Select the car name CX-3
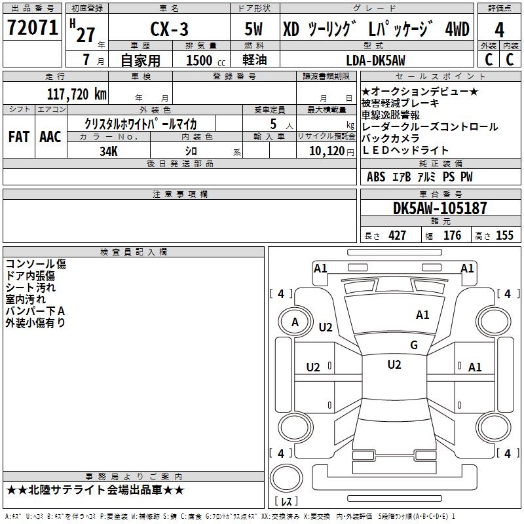coord(168,31)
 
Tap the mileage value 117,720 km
coord(77,94)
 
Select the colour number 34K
coord(109,151)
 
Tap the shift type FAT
coord(18,136)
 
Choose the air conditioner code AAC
coord(50,136)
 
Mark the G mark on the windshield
coord(414,345)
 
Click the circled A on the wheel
coord(295,322)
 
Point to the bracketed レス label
coord(286,502)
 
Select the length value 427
coord(397,236)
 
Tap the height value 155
coord(505,236)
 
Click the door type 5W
coord(254,31)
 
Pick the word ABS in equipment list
coord(376,177)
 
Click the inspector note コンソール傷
coord(35,264)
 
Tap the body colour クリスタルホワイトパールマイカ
coord(141,123)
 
